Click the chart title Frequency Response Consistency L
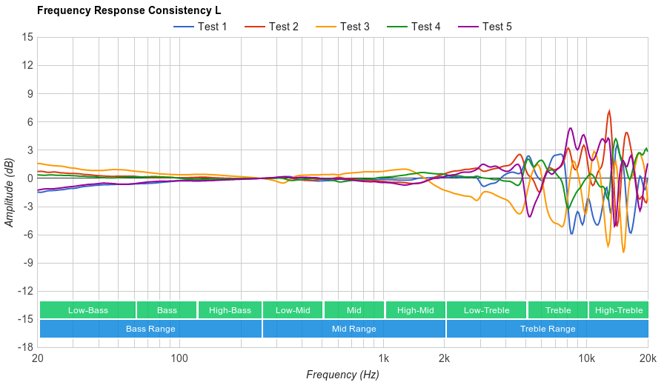(129, 10)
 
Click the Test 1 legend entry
(201, 27)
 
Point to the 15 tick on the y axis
(27, 37)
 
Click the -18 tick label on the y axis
(25, 347)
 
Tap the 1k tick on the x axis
(383, 358)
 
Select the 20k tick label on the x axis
(648, 358)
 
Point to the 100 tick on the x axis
(179, 358)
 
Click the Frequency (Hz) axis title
(342, 375)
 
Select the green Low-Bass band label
(87, 310)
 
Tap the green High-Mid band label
(415, 310)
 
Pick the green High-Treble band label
(619, 310)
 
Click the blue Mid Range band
(354, 329)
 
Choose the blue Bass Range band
(150, 329)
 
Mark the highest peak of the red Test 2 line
(609, 111)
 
